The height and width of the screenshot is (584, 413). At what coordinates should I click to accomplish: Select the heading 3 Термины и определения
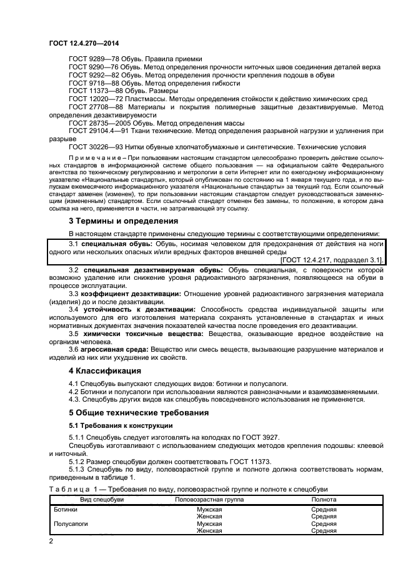click(114, 220)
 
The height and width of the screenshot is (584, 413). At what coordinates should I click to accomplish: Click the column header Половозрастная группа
click(209, 500)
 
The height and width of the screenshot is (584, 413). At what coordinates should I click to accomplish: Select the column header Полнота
click(324, 500)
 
